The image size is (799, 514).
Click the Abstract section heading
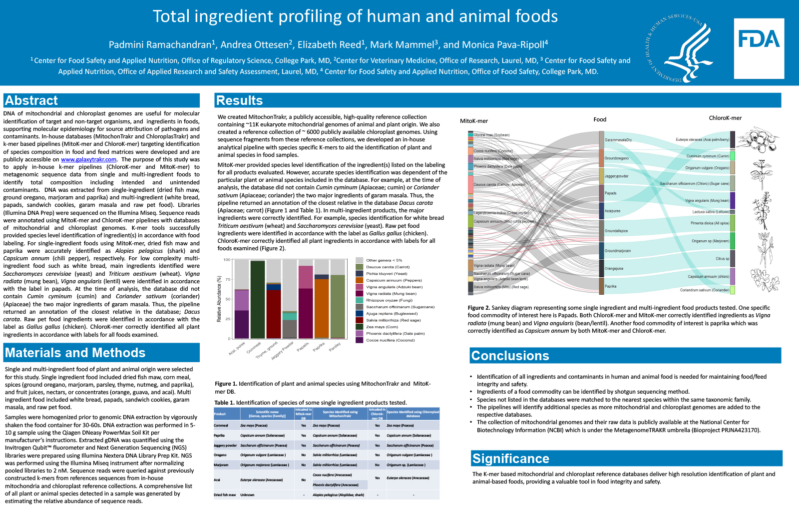(x=31, y=100)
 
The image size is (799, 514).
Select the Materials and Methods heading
(x=75, y=353)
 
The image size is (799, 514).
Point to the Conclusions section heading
(x=510, y=356)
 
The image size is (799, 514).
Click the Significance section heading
(x=510, y=459)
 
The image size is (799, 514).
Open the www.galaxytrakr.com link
(x=88, y=159)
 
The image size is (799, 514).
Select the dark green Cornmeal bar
(x=258, y=300)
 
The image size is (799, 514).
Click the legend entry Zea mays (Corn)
(x=382, y=327)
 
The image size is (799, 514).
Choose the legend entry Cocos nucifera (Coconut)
(x=390, y=340)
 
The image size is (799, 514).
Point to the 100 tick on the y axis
(x=227, y=260)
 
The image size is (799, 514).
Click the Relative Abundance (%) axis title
(x=219, y=299)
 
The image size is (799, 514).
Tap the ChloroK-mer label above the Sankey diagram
(x=725, y=118)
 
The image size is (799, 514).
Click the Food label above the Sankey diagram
(x=600, y=119)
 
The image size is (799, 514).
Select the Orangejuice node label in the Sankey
(x=614, y=268)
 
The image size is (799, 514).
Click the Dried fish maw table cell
(x=225, y=495)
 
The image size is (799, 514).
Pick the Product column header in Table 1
(x=220, y=414)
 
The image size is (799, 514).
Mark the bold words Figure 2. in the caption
(x=478, y=308)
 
